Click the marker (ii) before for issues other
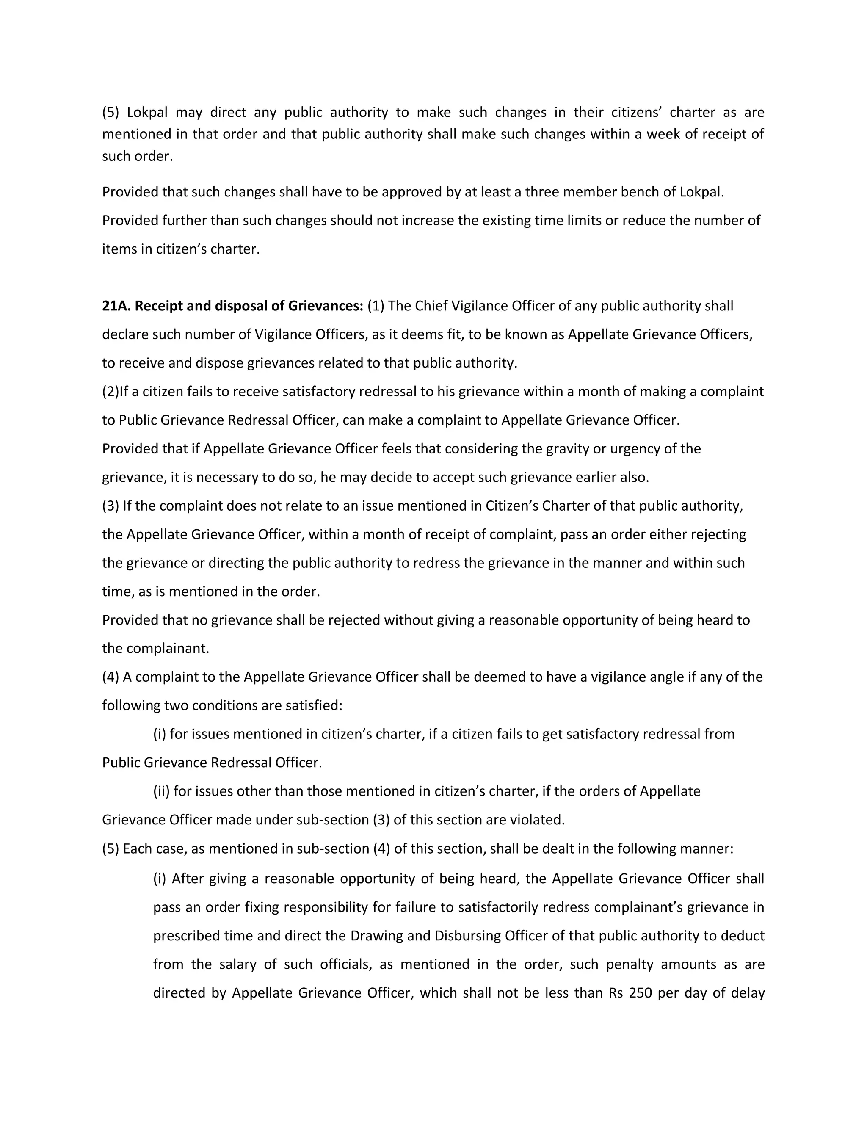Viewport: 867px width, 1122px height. [161, 791]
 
